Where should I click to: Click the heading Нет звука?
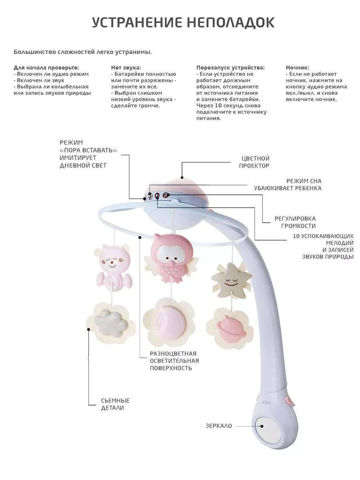126,68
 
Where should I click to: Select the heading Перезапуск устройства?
230,68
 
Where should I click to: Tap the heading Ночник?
297,68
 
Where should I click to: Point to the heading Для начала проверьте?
46,68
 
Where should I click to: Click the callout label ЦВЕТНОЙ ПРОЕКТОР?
254,162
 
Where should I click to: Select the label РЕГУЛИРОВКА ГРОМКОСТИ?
295,222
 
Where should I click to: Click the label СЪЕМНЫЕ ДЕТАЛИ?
115,404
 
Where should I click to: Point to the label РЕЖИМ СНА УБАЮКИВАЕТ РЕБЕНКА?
288,184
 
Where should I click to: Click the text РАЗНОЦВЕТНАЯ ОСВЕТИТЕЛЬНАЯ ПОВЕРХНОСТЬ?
174,360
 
